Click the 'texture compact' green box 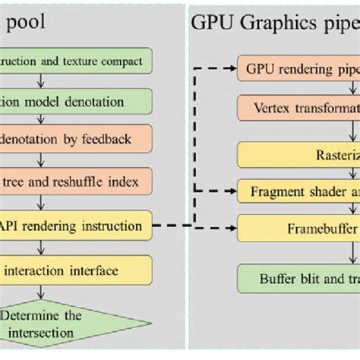76,62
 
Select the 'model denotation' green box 76,101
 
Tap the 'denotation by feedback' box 76,140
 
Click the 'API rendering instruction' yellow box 76,226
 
